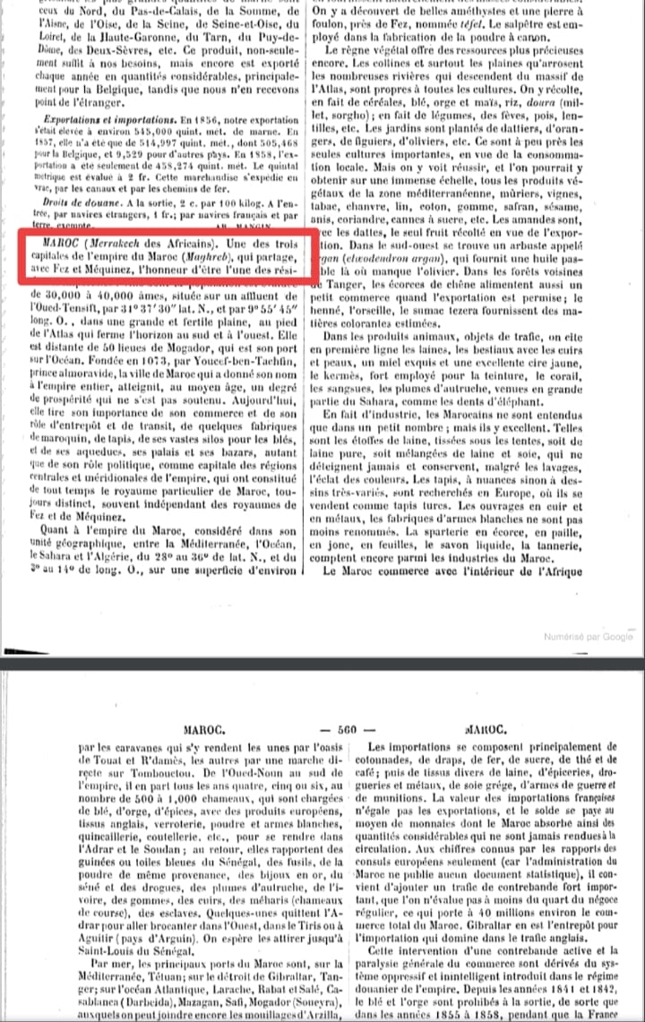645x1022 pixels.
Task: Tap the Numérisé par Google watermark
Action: point(588,637)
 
